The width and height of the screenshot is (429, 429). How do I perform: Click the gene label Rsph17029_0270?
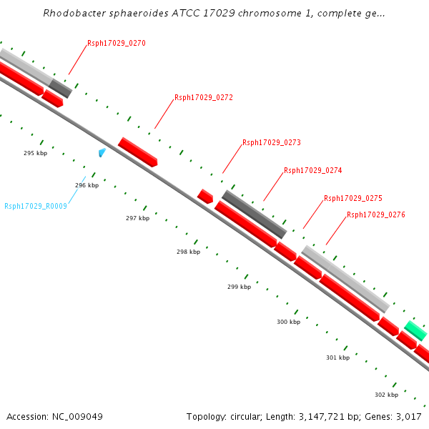(x=117, y=44)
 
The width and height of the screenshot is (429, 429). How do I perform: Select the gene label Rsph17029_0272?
(x=204, y=98)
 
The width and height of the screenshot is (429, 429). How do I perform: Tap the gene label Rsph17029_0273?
(x=272, y=143)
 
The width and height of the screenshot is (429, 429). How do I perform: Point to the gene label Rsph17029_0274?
(x=313, y=171)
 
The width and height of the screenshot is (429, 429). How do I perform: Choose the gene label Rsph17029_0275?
(x=353, y=199)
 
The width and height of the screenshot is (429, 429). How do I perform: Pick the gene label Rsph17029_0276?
(x=376, y=214)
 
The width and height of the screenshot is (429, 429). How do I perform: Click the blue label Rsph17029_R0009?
(x=36, y=207)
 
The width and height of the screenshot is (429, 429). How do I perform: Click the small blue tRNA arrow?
(x=102, y=152)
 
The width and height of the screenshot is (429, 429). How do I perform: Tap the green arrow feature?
(x=415, y=330)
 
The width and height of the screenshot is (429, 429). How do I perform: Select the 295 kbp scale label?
(x=35, y=154)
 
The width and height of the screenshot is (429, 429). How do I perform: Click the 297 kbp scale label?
(x=137, y=218)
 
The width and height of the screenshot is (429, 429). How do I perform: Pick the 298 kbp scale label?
(x=189, y=252)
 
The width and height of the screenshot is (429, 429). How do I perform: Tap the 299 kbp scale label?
(x=240, y=287)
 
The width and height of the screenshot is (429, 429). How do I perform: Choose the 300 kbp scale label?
(x=289, y=322)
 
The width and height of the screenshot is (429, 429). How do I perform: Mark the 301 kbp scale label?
(x=337, y=357)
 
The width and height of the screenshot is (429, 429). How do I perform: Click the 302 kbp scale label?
(x=386, y=395)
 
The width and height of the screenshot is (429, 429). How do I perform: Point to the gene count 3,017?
(x=408, y=416)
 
